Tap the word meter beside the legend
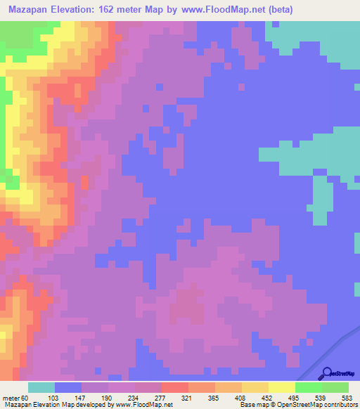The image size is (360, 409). (x=11, y=398)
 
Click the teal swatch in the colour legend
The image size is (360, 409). (x=41, y=387)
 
